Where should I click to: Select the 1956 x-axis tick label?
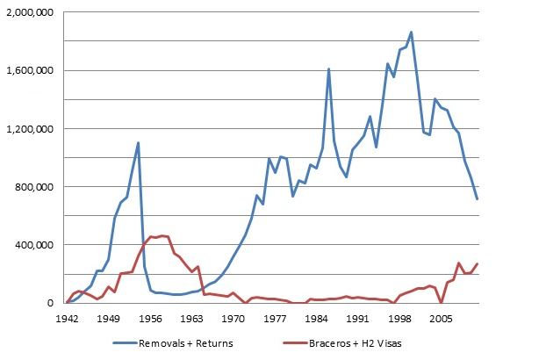150,320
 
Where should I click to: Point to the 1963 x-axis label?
191,320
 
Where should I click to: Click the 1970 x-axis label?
233,320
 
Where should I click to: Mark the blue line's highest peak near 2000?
411,32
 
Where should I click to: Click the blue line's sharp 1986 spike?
328,68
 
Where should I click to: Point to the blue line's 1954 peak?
138,142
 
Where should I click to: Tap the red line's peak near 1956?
162,235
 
